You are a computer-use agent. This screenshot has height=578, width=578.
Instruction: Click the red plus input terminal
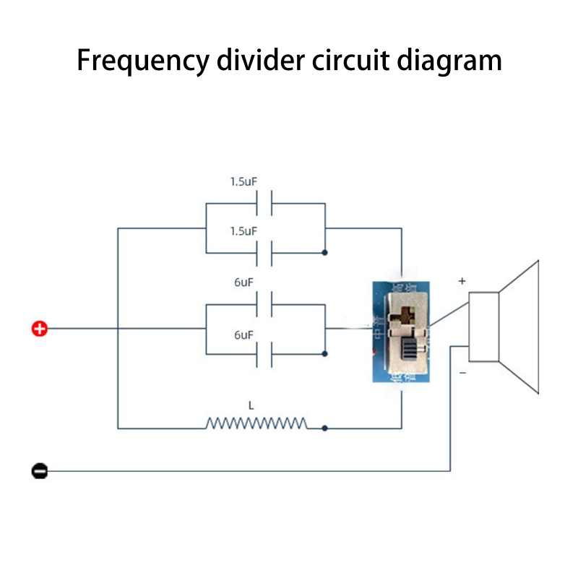pos(40,329)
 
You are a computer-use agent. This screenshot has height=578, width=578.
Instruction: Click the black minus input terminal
pos(40,472)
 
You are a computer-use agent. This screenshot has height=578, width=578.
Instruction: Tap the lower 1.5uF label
pos(243,230)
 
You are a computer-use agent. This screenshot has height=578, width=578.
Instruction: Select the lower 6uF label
pos(243,335)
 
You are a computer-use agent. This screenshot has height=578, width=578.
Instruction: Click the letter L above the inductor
pos(251,406)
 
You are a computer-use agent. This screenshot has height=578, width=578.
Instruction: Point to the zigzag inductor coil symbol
pos(256,423)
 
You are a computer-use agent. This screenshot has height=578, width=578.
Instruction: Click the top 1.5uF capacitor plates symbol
pos(266,204)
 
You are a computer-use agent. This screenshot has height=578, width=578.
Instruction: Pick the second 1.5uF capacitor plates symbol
pos(266,253)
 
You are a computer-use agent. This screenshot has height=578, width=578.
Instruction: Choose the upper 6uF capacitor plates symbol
pos(266,305)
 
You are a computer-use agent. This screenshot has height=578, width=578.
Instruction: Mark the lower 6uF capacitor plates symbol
pos(266,354)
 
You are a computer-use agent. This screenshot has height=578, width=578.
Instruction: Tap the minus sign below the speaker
pos(462,373)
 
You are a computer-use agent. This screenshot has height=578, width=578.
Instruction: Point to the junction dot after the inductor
pos(325,428)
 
